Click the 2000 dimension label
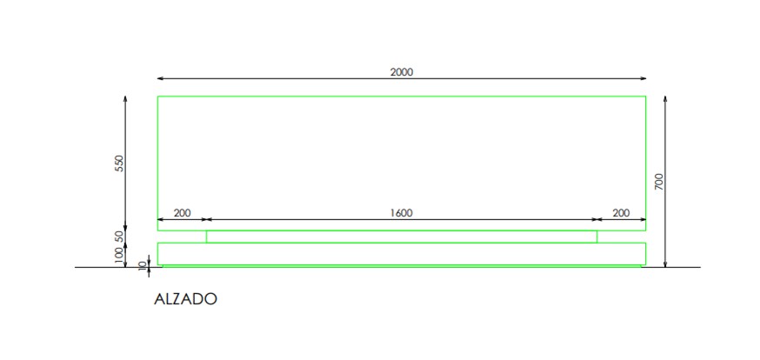[x=402, y=72]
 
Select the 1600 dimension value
[x=402, y=213]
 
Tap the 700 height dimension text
[x=659, y=181]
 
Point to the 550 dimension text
[x=119, y=163]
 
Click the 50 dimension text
[x=119, y=237]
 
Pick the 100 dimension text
[x=119, y=255]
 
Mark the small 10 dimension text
[x=142, y=265]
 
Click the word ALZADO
[x=185, y=299]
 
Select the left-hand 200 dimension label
[x=183, y=213]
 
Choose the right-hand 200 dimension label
[x=621, y=213]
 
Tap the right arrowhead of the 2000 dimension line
[x=643, y=78]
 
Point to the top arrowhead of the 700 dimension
[x=665, y=100]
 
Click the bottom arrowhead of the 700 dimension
[x=665, y=263]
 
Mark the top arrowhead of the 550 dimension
[x=125, y=100]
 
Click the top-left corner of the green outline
[x=158, y=97]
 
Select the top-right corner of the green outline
[x=645, y=97]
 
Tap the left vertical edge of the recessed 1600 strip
[x=207, y=237]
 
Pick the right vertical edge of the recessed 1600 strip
[x=597, y=237]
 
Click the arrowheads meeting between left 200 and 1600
[x=207, y=219]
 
